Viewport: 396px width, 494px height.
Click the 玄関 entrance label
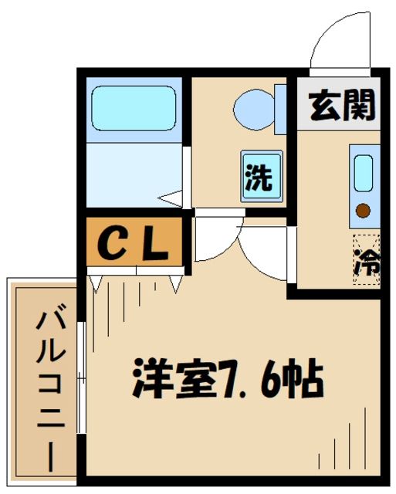342,104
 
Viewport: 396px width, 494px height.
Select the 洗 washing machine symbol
259,177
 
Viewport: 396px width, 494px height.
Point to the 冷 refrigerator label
367,262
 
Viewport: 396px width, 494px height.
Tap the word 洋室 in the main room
167,377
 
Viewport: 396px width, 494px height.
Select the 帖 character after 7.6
300,377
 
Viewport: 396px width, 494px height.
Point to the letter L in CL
154,245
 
